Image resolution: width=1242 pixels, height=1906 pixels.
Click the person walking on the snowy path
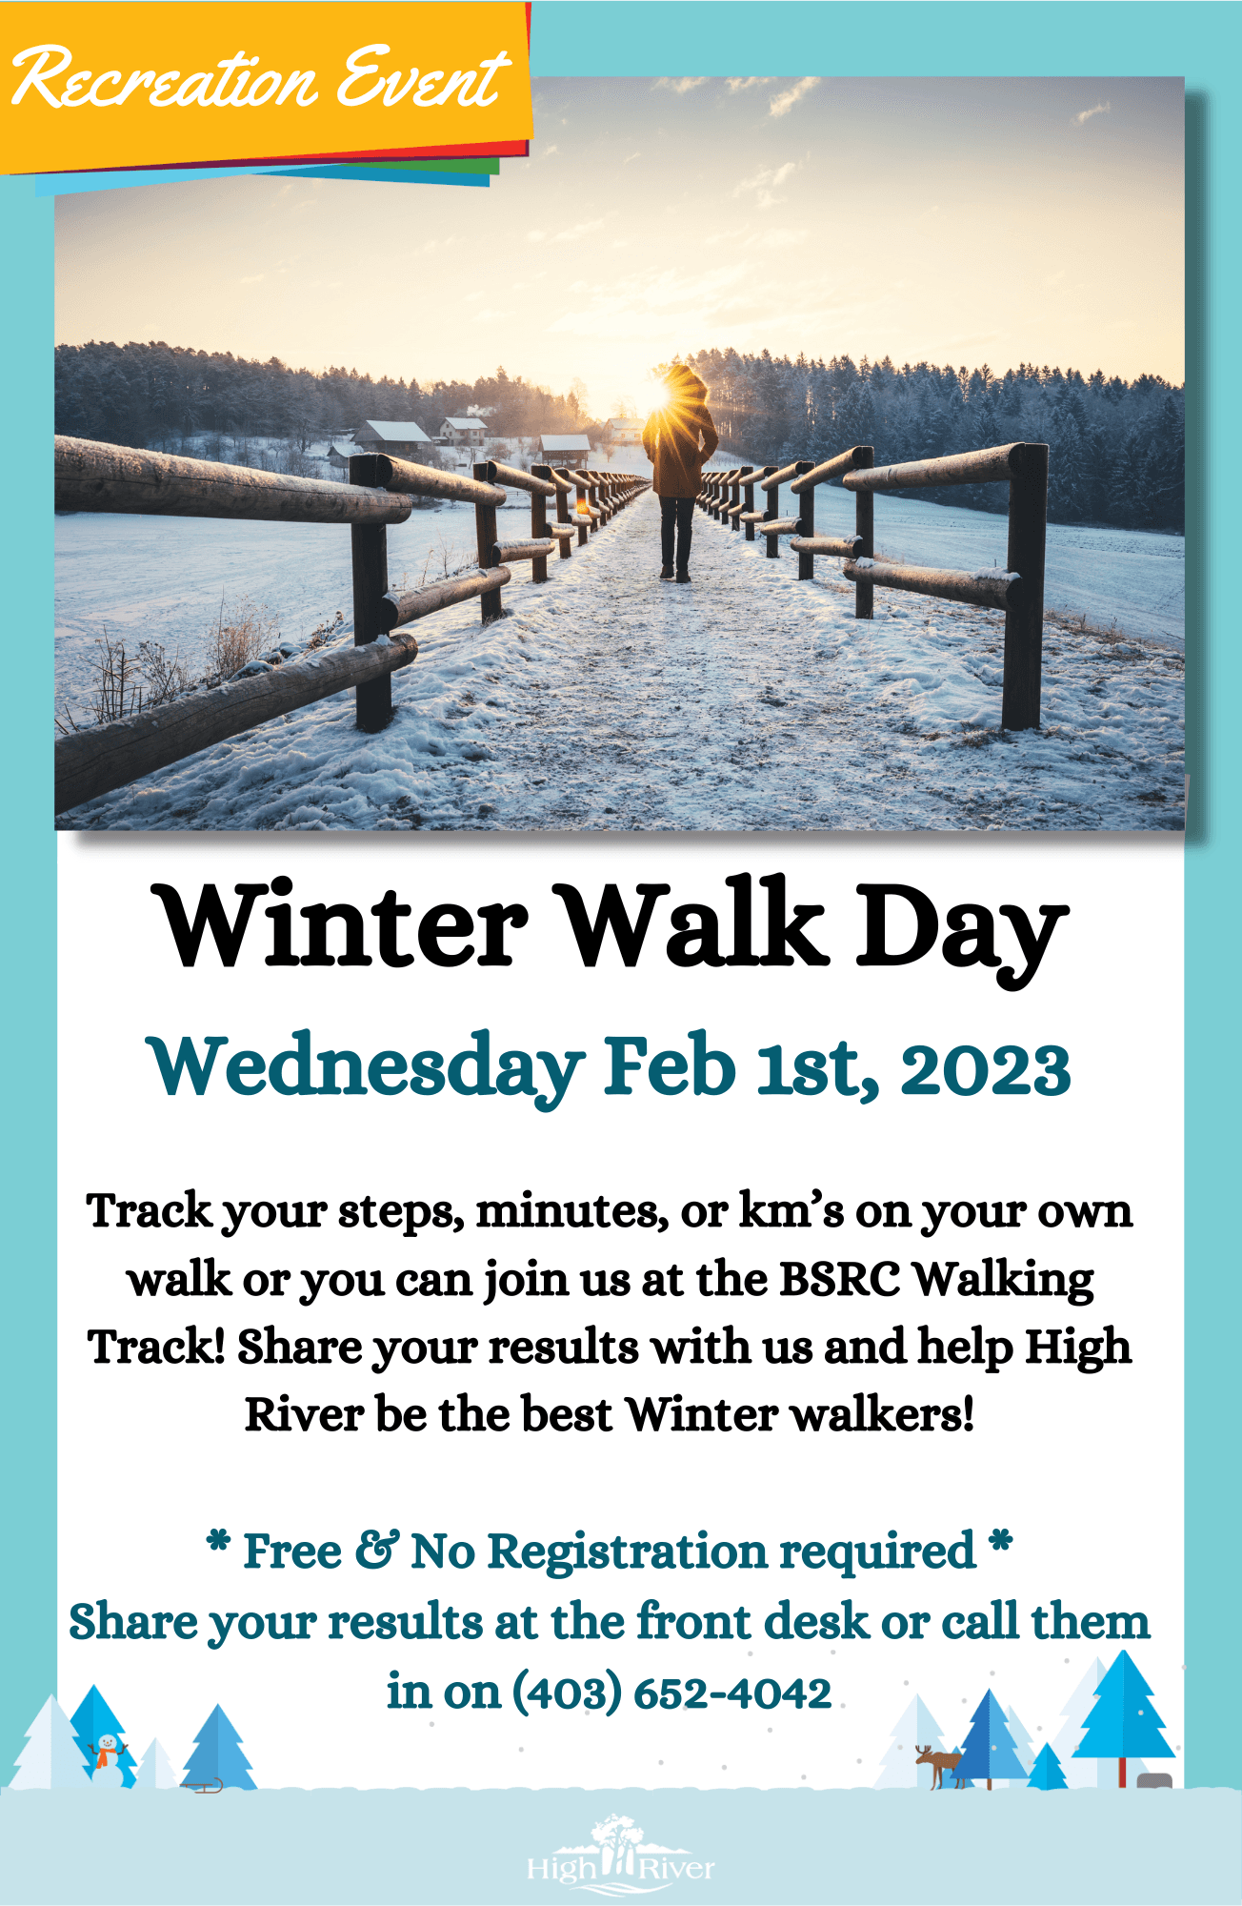(679, 472)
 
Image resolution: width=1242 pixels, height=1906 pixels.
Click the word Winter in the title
(344, 925)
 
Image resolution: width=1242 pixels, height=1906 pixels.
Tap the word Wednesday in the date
(366, 1066)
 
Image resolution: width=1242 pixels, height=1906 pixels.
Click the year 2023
(985, 1068)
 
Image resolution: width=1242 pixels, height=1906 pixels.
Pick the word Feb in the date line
(671, 1065)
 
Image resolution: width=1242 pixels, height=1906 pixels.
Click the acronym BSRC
(839, 1279)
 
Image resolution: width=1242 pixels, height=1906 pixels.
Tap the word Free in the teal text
(292, 1551)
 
